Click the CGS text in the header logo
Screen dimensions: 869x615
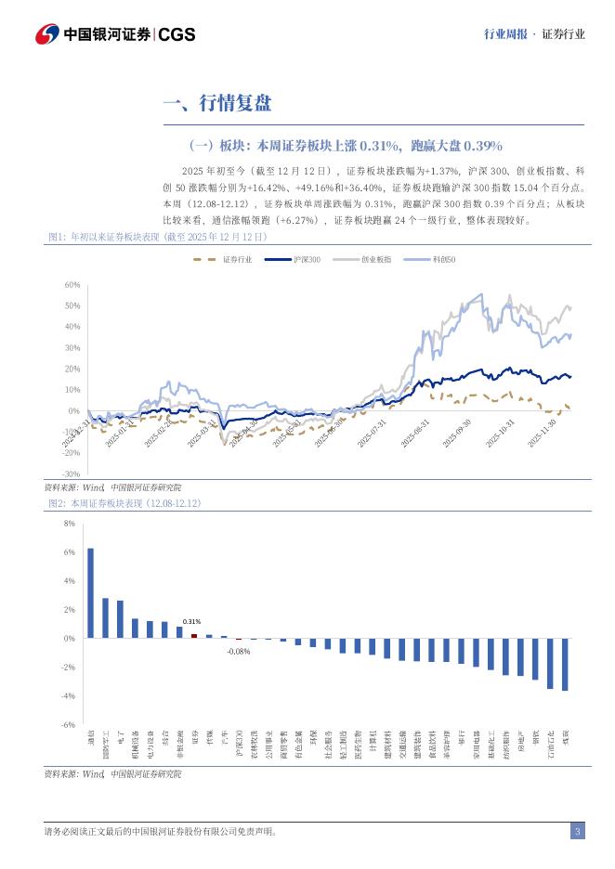tap(177, 34)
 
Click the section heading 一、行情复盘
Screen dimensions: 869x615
tap(216, 103)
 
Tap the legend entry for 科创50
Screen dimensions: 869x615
tap(432, 259)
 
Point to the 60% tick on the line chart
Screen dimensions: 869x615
tap(72, 284)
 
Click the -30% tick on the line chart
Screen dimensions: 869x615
tap(72, 473)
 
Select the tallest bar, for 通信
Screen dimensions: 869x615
tap(90, 592)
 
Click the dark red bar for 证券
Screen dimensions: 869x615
tap(194, 636)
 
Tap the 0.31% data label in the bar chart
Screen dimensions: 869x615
tap(191, 621)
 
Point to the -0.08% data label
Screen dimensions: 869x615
tap(238, 651)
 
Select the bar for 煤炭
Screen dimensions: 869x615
tap(565, 664)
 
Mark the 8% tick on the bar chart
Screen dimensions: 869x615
tap(69, 524)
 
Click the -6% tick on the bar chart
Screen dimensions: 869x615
tap(68, 724)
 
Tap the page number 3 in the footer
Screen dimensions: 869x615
tap(577, 831)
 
